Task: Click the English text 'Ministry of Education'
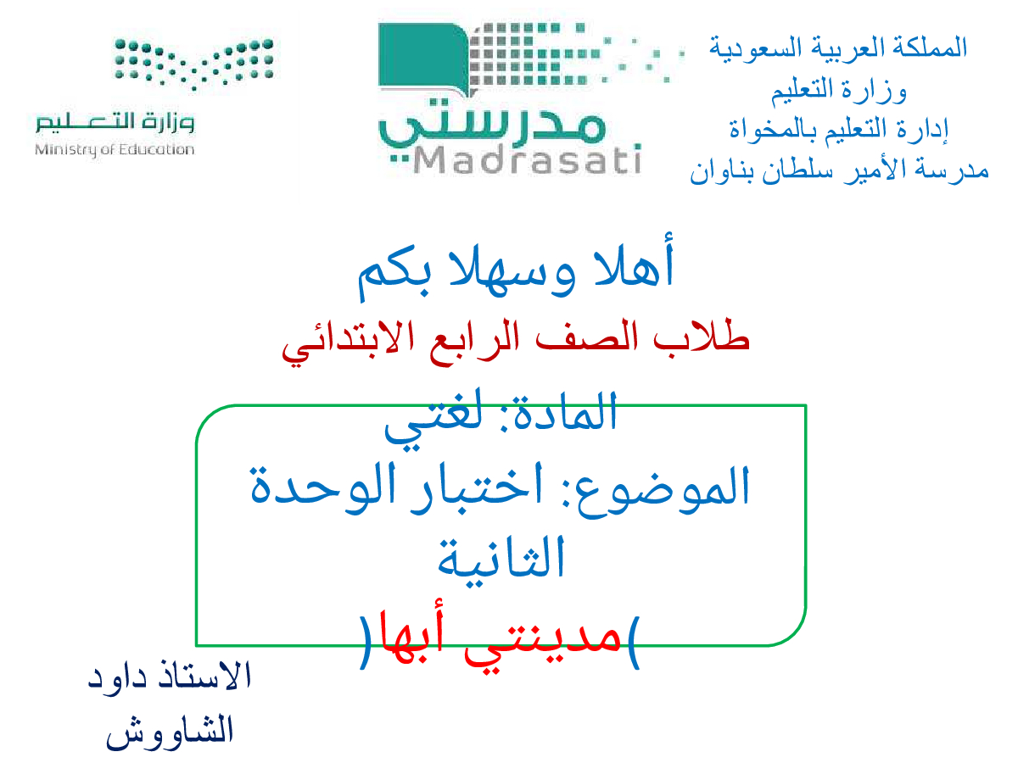(115, 150)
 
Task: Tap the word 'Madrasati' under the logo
(527, 160)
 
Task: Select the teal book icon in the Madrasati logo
(424, 57)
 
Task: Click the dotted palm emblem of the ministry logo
(194, 64)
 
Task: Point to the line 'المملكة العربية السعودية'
(838, 48)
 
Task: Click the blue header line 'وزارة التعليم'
(838, 90)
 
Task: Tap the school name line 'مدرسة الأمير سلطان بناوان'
(839, 171)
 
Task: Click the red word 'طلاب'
(702, 335)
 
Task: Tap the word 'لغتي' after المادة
(433, 420)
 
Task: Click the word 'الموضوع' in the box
(663, 490)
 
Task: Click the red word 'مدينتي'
(543, 643)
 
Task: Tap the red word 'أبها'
(411, 635)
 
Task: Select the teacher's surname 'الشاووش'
(170, 732)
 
